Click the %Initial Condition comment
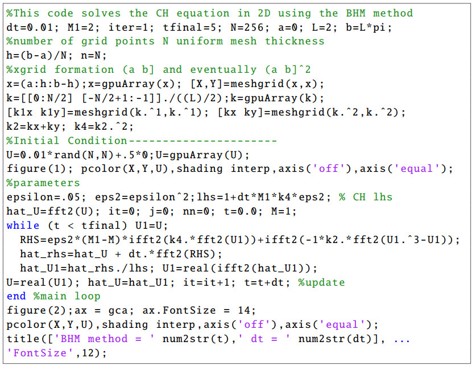coord(68,141)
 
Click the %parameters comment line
coord(44,183)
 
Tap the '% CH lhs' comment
coord(370,198)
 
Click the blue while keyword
coord(24,226)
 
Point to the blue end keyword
coord(17,297)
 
